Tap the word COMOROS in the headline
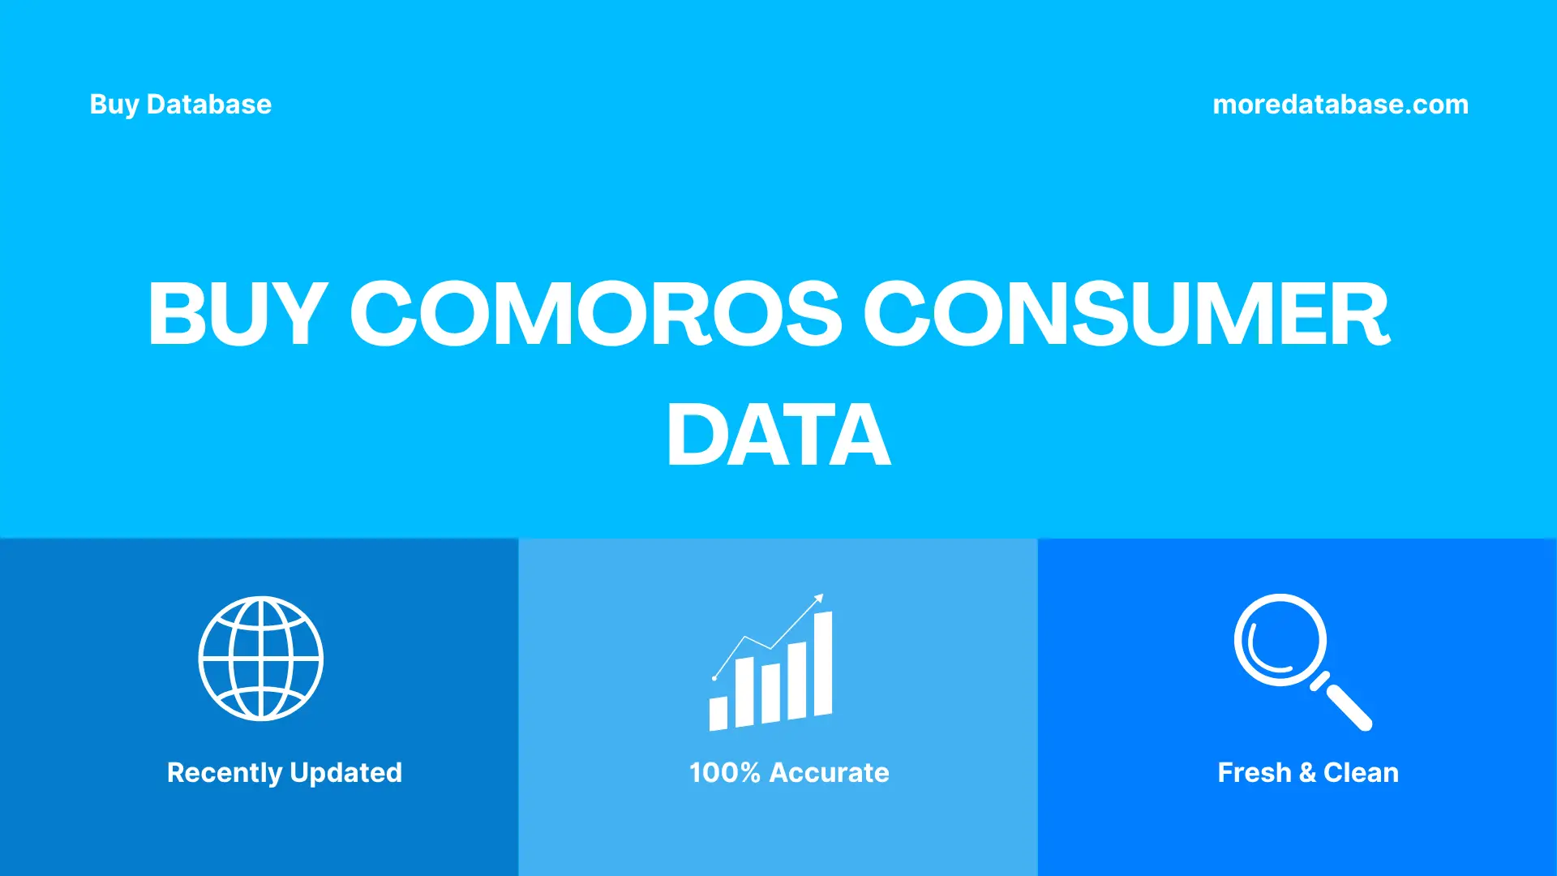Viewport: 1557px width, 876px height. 596,314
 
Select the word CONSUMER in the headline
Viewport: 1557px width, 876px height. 1126,314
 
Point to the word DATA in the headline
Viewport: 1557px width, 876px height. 778,436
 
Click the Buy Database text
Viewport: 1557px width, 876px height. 180,105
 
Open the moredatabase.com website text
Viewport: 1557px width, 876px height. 1340,105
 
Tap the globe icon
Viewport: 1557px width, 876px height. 261,659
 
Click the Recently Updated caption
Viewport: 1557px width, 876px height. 284,772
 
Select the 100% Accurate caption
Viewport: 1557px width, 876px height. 789,772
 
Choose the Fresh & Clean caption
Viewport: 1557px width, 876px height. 1307,772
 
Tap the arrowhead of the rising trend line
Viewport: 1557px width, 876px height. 819,599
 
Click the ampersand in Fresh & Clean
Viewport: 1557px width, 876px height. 1306,772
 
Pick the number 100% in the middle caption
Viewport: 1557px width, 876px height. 724,772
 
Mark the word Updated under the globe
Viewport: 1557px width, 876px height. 345,772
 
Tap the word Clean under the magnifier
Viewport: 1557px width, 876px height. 1361,772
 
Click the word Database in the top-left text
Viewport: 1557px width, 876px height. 209,105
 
